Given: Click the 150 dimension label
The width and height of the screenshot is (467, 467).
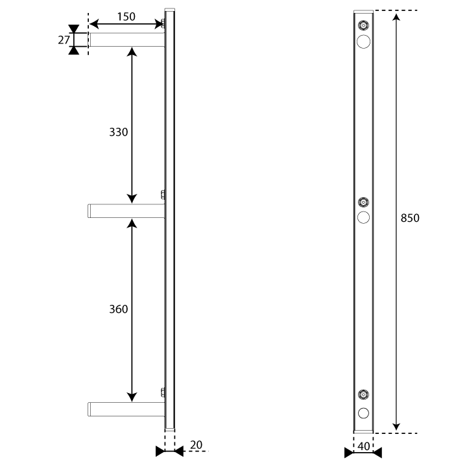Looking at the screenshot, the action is click(x=126, y=17).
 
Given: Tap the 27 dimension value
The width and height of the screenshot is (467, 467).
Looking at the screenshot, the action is click(x=64, y=40).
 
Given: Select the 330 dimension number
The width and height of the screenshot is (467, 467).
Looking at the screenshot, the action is click(x=118, y=132).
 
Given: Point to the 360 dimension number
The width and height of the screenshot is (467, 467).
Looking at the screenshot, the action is click(x=118, y=309).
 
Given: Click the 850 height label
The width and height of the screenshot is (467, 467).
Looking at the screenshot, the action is click(x=410, y=218).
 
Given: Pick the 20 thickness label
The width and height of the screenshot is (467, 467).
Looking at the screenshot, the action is click(x=196, y=445).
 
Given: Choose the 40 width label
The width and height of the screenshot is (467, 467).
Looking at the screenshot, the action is click(x=363, y=446).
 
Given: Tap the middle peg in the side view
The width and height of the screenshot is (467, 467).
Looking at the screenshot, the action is click(x=126, y=211).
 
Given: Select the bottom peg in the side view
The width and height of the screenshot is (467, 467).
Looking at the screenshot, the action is click(x=126, y=409).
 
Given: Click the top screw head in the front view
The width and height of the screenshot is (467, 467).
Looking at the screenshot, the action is click(x=363, y=25).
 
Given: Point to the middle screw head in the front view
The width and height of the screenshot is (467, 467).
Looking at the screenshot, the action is click(x=363, y=202).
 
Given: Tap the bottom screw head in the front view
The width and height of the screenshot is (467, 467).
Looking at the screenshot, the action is click(x=363, y=394).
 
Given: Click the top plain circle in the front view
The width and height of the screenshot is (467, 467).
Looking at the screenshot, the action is click(x=363, y=42).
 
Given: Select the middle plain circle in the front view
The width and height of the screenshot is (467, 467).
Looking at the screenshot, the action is click(x=363, y=217).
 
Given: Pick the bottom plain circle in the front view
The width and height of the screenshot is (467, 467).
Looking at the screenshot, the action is click(x=363, y=413).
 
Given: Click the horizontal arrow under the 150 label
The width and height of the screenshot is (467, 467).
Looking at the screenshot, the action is click(x=126, y=24).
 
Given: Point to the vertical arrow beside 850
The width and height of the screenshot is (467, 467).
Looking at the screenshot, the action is click(x=396, y=222).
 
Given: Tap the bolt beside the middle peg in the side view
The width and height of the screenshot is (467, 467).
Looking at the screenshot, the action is click(x=163, y=195).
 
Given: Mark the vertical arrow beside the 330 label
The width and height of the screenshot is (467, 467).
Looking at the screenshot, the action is click(x=132, y=125).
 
